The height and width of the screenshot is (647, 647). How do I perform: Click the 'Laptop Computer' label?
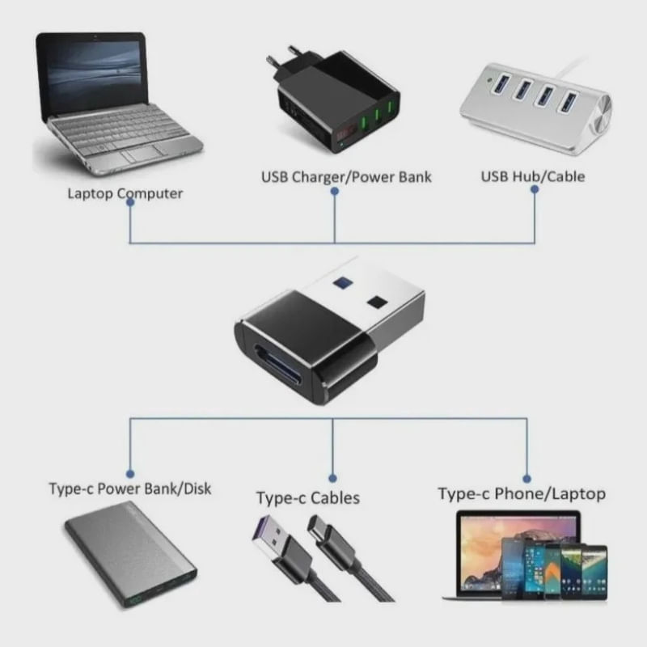point(125,194)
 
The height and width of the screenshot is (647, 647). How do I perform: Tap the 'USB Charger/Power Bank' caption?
point(346,176)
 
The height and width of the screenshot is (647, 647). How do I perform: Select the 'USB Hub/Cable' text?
point(532,176)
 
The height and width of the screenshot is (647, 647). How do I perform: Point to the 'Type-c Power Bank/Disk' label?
point(129,488)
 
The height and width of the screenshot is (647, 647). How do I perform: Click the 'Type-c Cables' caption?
point(307,498)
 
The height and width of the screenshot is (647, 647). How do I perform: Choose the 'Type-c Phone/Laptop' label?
point(522,493)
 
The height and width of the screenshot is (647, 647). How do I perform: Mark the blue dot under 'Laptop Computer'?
point(130,202)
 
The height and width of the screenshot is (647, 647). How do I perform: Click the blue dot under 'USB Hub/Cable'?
point(535,188)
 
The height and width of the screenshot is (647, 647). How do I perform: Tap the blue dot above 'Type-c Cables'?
point(333,478)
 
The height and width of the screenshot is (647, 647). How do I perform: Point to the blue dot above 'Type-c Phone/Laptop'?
point(526,478)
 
